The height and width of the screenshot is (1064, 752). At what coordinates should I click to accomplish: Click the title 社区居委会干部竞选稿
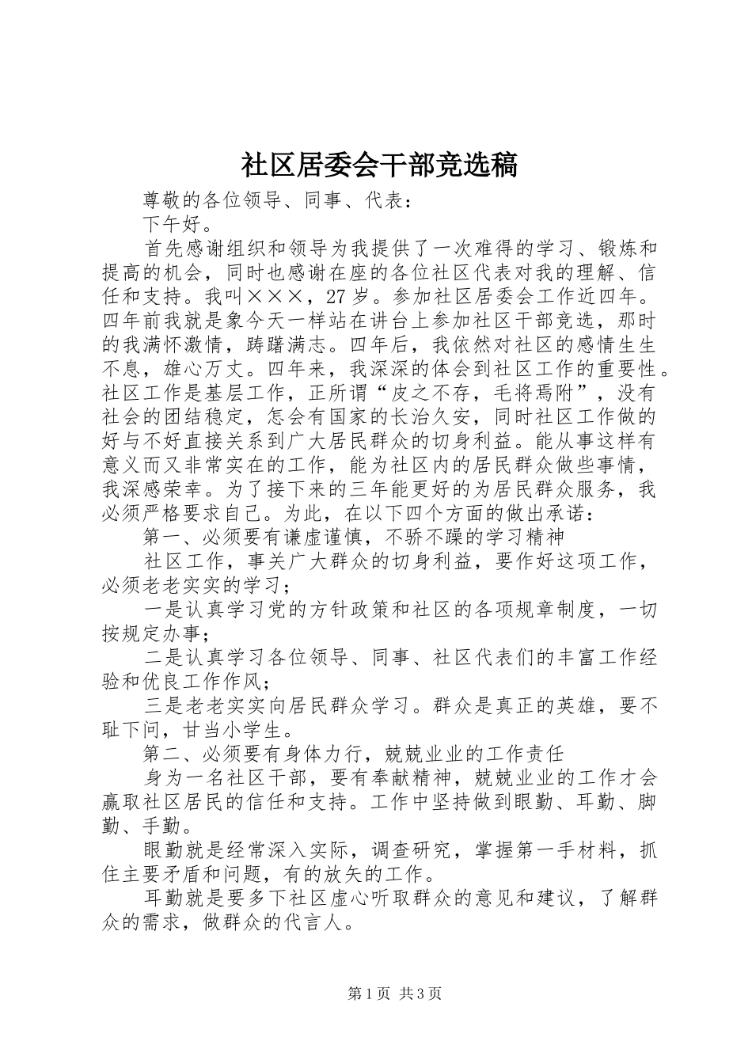coord(378,165)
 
